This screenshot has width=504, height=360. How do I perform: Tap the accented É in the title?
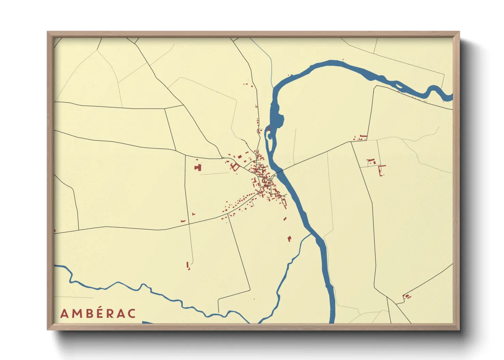tap(98, 313)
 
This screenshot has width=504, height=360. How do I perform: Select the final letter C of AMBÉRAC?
tap(132, 314)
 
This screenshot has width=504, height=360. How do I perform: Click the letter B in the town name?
tap(87, 314)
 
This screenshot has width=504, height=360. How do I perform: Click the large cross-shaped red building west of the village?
tap(198, 167)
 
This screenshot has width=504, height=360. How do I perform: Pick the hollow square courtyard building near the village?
tap(235, 167)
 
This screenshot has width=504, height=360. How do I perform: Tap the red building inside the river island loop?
tap(268, 129)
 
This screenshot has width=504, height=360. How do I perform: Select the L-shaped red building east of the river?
tap(381, 169)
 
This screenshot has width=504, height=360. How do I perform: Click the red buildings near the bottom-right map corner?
tap(407, 297)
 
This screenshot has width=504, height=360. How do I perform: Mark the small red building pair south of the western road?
tap(188, 265)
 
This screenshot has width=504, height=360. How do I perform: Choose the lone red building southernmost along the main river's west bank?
tap(289, 239)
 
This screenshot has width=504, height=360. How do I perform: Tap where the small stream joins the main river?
tap(311, 235)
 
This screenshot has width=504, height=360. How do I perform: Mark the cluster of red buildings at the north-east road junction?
tap(361, 137)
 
